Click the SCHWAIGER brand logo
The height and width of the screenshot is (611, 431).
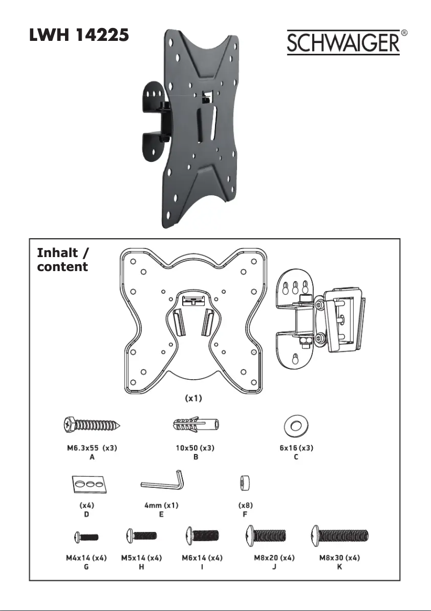point(343,42)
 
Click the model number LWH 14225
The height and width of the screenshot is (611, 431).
point(79,35)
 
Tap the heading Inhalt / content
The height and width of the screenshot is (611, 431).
point(63,260)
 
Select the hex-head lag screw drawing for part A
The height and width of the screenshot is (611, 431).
point(92,424)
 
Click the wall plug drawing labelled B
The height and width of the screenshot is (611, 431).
point(196,424)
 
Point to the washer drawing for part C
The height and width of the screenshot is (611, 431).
point(296,425)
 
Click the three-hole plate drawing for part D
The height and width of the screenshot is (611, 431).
point(89,484)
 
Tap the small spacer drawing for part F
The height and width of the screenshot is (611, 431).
point(245,484)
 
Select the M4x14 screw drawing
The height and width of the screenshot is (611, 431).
point(86,537)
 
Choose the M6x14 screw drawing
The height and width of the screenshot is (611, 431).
point(202,535)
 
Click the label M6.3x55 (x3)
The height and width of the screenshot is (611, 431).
point(92,447)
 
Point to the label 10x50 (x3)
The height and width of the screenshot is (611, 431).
point(195,447)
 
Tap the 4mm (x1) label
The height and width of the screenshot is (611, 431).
point(161,505)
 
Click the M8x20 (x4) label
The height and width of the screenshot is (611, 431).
point(275,558)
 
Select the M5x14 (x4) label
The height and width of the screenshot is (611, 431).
point(141,558)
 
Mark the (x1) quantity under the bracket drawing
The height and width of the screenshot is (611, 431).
point(193,398)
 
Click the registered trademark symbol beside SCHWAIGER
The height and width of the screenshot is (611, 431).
point(404,33)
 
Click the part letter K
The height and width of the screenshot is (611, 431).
point(340,566)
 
